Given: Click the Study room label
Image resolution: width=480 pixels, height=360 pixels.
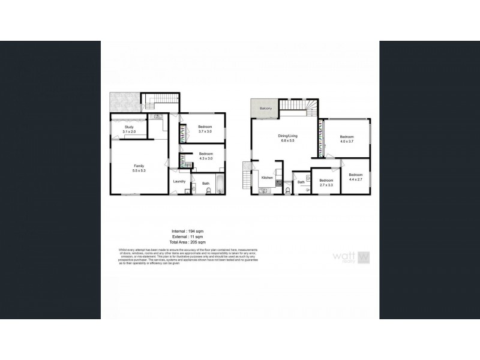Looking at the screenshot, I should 129,129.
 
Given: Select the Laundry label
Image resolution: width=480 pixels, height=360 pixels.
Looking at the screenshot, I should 179,181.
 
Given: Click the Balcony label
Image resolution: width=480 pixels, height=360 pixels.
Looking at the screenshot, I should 266,109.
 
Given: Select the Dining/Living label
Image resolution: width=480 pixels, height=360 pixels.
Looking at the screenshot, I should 288,138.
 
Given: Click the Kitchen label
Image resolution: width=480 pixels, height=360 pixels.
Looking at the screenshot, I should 268,178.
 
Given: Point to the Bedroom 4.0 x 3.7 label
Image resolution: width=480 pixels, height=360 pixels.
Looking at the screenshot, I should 348,139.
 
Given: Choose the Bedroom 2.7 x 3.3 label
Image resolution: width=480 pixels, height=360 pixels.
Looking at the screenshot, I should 326,182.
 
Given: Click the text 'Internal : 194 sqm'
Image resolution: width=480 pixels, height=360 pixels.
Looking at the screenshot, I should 190,230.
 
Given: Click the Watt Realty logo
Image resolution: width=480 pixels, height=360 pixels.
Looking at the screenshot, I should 352,257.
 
